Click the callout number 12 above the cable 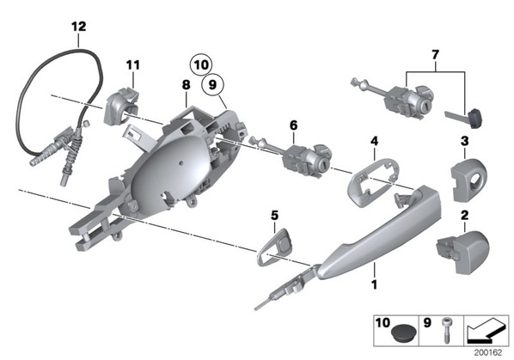tap(79, 27)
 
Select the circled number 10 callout tap(201, 64)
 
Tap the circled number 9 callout tap(212, 85)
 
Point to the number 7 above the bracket tap(435, 55)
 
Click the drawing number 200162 tap(487, 352)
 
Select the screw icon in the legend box tap(446, 330)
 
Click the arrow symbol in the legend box tap(486, 330)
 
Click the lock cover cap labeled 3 tap(468, 179)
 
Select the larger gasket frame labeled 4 tap(373, 182)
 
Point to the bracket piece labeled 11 tap(121, 105)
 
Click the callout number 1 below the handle tap(374, 284)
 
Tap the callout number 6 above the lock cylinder tap(293, 125)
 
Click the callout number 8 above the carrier tap(186, 85)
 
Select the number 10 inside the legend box tap(382, 323)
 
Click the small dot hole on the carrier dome tap(181, 162)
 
